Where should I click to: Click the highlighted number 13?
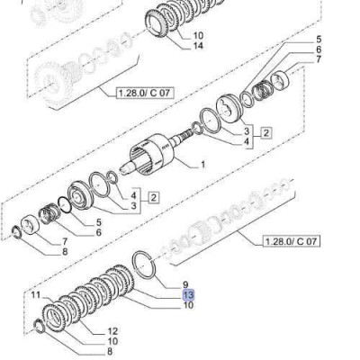click(x=188, y=295)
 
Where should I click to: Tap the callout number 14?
click(x=197, y=46)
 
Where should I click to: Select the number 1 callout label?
click(x=202, y=165)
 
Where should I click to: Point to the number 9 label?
click(x=184, y=284)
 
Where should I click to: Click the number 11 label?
click(x=36, y=295)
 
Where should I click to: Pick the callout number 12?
click(x=112, y=331)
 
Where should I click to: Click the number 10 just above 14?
click(x=198, y=36)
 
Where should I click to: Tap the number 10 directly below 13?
click(x=188, y=305)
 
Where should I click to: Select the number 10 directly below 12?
click(x=112, y=341)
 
